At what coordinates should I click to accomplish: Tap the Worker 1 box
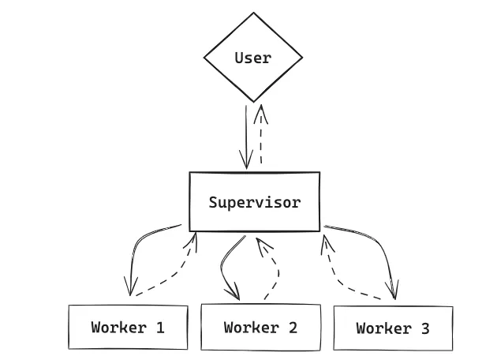pyautogui.click(x=128, y=327)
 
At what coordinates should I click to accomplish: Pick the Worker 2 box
pyautogui.click(x=260, y=327)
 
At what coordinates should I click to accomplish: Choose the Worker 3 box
pyautogui.click(x=393, y=328)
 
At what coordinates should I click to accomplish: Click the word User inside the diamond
pyautogui.click(x=253, y=58)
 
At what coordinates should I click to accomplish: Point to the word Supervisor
pyautogui.click(x=254, y=202)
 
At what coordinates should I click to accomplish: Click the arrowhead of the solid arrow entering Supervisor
pyautogui.click(x=248, y=162)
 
